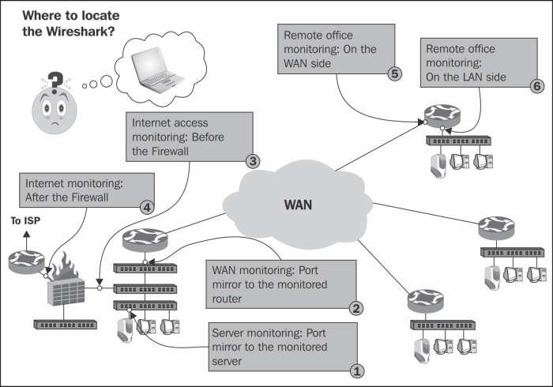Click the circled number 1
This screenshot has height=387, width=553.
tap(357, 371)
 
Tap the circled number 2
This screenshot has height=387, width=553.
tap(356, 308)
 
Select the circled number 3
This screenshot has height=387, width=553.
tap(253, 161)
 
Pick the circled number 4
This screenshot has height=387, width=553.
tap(147, 207)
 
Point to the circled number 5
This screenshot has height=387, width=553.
tap(395, 73)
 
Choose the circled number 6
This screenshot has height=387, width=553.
tap(537, 86)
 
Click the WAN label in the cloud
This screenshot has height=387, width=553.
tap(298, 205)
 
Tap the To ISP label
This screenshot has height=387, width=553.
tap(25, 221)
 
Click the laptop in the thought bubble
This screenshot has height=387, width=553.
tap(157, 70)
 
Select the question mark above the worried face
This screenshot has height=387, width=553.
tap(55, 83)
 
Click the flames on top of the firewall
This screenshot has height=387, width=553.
tap(66, 266)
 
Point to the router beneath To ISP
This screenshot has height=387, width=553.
tap(26, 262)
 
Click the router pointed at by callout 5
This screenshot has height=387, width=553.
tap(442, 115)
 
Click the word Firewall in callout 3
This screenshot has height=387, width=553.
tap(170, 151)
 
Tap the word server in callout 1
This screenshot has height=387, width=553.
tap(227, 362)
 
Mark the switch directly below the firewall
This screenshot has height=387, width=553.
tap(66, 325)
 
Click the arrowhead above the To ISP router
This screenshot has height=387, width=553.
tap(27, 234)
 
